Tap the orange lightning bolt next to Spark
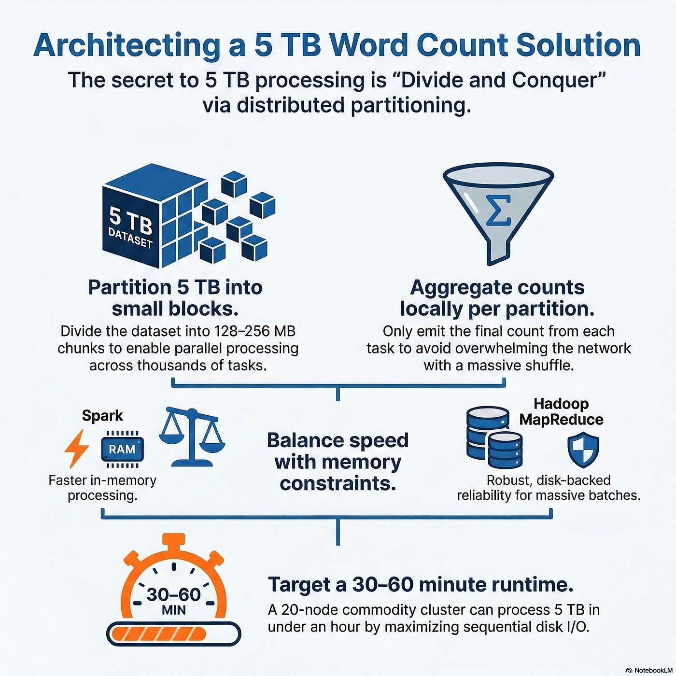tap(77, 449)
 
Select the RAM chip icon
tap(122, 449)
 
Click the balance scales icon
tap(192, 437)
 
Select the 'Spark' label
tap(102, 415)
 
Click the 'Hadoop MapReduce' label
tap(561, 411)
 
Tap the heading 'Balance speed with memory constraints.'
tap(338, 462)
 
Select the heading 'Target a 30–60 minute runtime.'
tap(421, 584)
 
